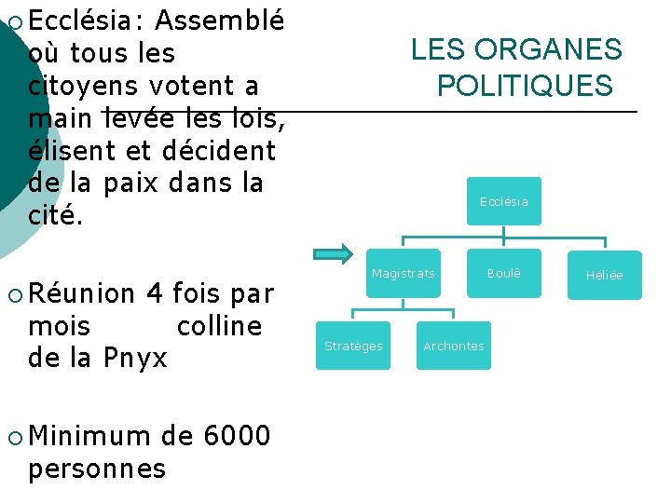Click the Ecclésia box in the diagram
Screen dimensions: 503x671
click(x=503, y=201)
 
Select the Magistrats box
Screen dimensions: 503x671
click(x=403, y=273)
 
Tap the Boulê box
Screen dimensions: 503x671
click(x=503, y=273)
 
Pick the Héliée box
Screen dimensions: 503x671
click(x=604, y=275)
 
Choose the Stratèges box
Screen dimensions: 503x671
click(x=353, y=346)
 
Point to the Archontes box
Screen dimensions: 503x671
click(x=454, y=346)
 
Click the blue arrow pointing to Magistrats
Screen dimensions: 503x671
click(x=333, y=253)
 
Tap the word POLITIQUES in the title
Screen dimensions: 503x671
click(x=525, y=87)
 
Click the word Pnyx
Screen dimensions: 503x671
click(x=135, y=358)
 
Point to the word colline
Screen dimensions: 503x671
click(x=219, y=326)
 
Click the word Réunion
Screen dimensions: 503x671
click(x=82, y=294)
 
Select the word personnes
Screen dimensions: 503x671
click(x=97, y=468)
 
